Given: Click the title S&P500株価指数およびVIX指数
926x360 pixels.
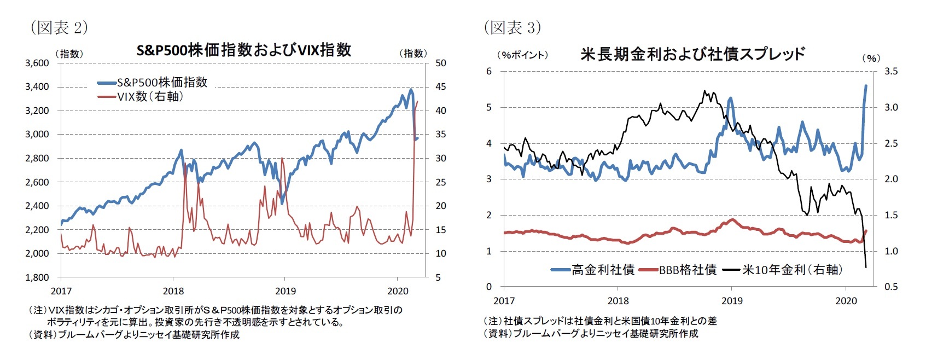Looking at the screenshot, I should (243, 50).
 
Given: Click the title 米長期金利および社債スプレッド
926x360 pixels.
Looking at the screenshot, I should (692, 54).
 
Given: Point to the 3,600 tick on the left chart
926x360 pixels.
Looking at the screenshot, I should (37, 63).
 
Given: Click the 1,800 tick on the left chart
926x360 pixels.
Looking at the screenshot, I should (37, 277).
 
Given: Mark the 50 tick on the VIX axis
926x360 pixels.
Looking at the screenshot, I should (440, 63).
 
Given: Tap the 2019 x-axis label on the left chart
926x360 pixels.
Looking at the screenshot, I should (285, 291).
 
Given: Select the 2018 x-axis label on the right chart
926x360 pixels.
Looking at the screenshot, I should (618, 301).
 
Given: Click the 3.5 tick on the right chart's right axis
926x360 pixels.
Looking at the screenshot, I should (891, 72).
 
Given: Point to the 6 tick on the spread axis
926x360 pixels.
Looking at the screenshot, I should (489, 72).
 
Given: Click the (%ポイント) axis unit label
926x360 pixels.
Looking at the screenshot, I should (522, 55).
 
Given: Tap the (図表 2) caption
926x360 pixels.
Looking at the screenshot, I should (59, 27).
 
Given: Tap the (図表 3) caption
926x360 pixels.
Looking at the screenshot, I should (512, 27).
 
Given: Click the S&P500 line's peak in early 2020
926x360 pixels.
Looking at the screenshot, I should (411, 90).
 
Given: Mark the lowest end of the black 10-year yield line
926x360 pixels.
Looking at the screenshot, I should (866, 267).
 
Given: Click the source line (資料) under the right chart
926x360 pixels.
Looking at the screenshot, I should (591, 333).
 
